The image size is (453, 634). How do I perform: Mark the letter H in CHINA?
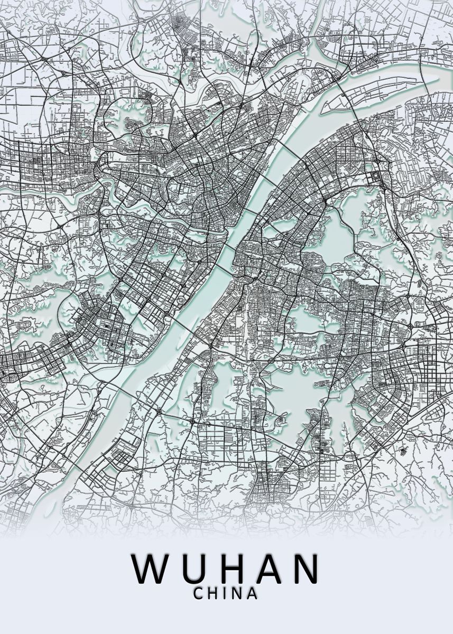(x=213, y=594)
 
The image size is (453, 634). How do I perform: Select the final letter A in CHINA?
(x=252, y=594)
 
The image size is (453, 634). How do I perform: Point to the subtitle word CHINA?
(x=226, y=594)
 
